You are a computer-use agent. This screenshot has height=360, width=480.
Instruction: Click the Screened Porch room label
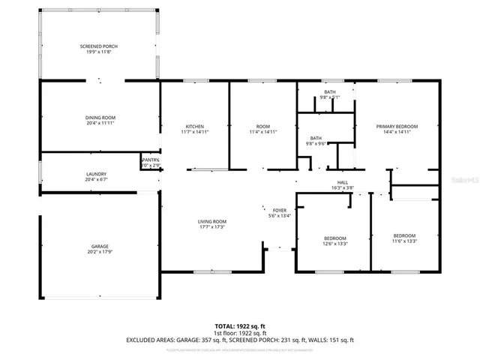point(99,46)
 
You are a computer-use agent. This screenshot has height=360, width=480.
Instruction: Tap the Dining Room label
point(100,118)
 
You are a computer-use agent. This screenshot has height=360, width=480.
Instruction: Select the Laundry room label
point(100,174)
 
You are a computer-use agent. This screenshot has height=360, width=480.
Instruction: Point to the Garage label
point(100,247)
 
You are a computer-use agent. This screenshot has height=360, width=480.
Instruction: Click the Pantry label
point(151,160)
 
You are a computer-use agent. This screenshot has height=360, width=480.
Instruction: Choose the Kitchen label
point(195,126)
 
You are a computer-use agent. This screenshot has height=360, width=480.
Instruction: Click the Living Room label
point(212,221)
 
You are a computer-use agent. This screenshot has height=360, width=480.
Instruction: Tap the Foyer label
point(280,211)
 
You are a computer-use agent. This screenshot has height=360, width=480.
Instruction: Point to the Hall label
point(342,181)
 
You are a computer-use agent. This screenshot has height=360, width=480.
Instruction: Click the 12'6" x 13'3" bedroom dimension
point(334,243)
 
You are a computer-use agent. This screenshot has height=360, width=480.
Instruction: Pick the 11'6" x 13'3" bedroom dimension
point(404,241)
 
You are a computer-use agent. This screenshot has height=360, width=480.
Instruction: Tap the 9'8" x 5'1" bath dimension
point(330,97)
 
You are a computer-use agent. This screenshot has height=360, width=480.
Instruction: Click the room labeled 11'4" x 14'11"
point(262,131)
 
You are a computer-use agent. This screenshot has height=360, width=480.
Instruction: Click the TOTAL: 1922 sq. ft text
point(240,326)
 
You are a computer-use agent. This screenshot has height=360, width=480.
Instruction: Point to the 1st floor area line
point(240,333)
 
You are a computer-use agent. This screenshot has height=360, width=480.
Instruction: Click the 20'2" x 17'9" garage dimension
point(100,252)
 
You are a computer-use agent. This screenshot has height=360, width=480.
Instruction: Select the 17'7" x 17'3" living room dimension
point(212,226)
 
